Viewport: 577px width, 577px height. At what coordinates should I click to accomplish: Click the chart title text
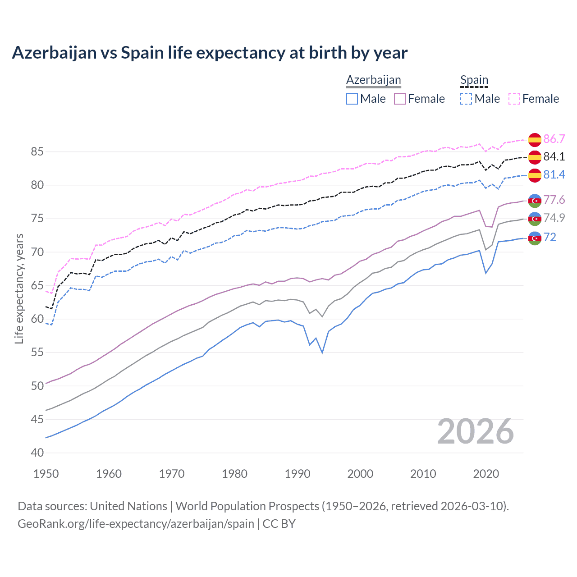210,53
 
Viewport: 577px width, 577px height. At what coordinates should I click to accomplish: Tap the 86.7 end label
554,139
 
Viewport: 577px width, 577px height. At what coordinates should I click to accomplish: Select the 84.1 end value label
554,157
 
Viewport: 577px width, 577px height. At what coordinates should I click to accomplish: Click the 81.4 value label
554,175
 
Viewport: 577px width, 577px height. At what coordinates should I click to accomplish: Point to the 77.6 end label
554,200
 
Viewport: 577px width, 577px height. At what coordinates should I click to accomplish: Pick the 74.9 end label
554,218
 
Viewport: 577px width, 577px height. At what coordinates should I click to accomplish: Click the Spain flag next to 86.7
535,140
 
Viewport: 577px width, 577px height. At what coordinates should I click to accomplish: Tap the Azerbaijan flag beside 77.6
535,201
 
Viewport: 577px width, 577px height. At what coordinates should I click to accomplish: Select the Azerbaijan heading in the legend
373,80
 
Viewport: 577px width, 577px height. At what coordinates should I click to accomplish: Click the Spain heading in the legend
474,80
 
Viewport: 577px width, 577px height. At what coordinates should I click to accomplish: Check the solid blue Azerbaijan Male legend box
352,99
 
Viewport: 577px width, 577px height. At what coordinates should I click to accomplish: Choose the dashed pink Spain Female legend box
514,99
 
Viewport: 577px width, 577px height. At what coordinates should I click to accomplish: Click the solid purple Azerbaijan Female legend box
400,99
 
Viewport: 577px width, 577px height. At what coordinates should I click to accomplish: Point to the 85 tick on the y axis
37,152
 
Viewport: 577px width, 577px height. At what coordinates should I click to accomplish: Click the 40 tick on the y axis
37,453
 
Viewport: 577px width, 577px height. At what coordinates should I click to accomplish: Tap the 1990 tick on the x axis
298,474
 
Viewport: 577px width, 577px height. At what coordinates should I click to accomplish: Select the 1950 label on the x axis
46,474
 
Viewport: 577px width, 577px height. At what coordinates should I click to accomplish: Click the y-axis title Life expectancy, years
19,288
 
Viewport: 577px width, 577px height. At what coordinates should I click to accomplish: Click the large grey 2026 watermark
475,432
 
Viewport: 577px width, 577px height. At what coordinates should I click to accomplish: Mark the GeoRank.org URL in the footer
136,524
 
